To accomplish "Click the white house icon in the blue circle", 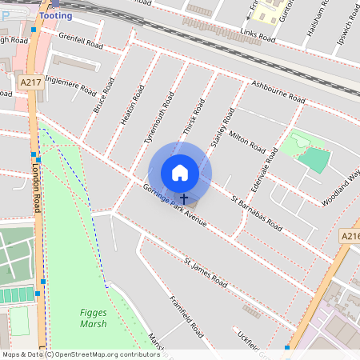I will (180, 172).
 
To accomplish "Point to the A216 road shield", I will (350, 237).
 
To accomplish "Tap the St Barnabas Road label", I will (256, 214).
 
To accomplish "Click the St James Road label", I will (206, 273).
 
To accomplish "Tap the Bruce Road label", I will (99, 94).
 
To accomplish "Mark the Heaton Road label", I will (126, 105).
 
